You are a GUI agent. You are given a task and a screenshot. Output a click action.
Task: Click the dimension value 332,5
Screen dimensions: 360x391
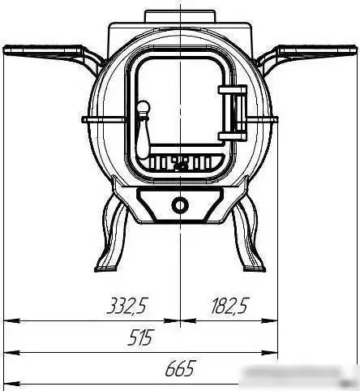(x=126, y=306)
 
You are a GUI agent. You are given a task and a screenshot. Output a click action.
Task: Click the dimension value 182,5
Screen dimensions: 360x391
(x=229, y=306)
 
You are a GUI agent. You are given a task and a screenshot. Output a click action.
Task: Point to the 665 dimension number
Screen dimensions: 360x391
(x=180, y=368)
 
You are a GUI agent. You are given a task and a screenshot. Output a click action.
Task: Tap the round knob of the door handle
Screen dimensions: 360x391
(x=144, y=108)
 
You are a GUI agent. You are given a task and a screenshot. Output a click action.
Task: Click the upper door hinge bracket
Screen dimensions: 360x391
(x=233, y=90)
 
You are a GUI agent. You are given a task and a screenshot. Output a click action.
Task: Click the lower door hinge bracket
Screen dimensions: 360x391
(x=233, y=135)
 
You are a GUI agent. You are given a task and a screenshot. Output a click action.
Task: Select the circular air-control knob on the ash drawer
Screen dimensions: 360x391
(x=179, y=204)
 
